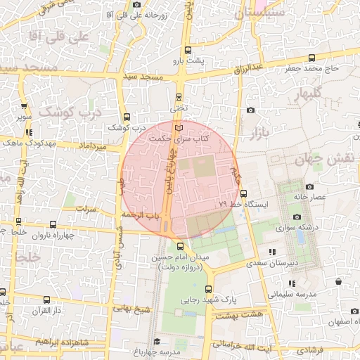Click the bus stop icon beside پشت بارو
[187, 51]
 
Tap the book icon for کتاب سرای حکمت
[180, 128]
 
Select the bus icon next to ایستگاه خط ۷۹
[243, 193]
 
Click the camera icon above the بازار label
[251, 110]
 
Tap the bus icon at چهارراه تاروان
[53, 225]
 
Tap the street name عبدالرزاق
[257, 68]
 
